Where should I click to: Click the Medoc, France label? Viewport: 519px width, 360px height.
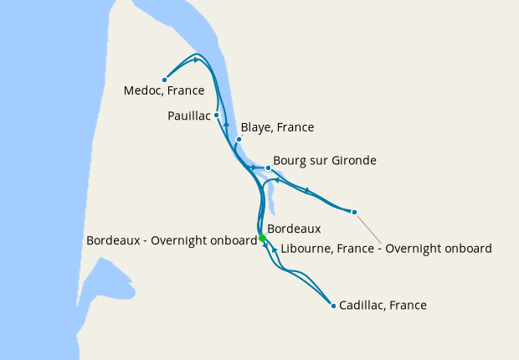(x=163, y=90)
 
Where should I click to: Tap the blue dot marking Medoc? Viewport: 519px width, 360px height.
(x=164, y=80)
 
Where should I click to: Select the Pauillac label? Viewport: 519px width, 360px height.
(x=188, y=116)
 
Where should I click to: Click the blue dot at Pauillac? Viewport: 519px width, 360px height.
(x=216, y=115)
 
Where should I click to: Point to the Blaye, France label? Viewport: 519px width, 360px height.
(x=277, y=127)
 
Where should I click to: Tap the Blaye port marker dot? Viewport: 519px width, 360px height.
(x=239, y=139)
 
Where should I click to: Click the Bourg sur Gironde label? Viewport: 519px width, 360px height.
(x=326, y=160)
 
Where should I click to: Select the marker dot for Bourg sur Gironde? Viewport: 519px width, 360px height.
(x=268, y=167)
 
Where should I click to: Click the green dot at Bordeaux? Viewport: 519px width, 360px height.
(x=262, y=238)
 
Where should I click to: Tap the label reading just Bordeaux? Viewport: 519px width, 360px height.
(x=294, y=228)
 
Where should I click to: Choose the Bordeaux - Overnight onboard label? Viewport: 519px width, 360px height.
(x=171, y=240)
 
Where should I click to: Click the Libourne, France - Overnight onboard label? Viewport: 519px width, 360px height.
(x=387, y=248)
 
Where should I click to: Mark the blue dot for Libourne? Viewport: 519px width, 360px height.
(x=354, y=212)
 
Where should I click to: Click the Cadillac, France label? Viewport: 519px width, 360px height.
(x=383, y=306)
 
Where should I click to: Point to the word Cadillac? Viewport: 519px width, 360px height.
(x=365, y=306)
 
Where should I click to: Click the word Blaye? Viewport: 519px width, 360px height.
(x=255, y=127)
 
